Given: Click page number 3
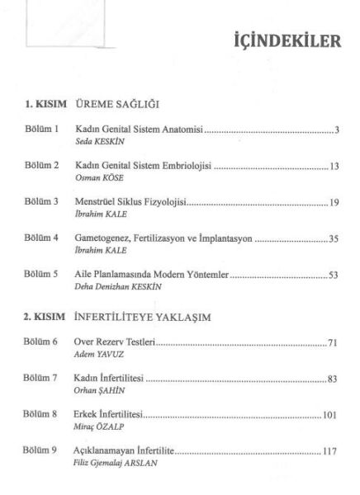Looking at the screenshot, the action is click(335, 130).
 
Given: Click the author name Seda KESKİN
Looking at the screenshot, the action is click(96, 141).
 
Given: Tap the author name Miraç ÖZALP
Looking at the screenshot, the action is click(95, 427).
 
